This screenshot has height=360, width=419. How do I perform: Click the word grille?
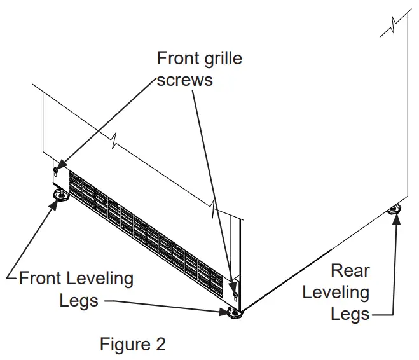[222, 59]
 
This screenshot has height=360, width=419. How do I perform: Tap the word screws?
[185, 80]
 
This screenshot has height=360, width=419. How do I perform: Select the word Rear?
[350, 270]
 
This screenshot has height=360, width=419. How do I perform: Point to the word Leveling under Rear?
[336, 293]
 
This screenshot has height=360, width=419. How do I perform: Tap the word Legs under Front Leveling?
[79, 300]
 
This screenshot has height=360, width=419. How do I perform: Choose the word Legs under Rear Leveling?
[350, 314]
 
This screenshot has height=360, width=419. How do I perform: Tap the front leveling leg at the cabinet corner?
[232, 312]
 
